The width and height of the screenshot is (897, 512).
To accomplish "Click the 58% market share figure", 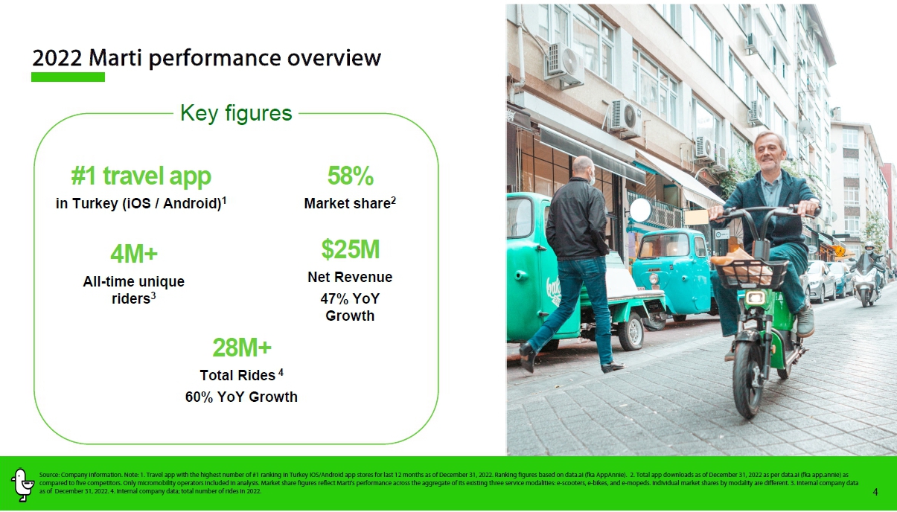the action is pyautogui.click(x=351, y=176).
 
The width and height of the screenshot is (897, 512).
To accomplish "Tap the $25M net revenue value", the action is pyautogui.click(x=351, y=249).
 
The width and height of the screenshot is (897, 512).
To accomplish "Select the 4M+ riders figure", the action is pyautogui.click(x=134, y=254).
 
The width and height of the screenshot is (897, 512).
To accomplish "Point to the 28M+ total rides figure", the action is pyautogui.click(x=242, y=347).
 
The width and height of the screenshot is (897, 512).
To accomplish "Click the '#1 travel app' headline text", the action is pyautogui.click(x=141, y=176).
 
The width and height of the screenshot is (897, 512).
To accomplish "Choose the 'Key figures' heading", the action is pyautogui.click(x=236, y=113).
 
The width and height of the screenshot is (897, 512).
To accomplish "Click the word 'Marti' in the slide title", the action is pyautogui.click(x=115, y=58).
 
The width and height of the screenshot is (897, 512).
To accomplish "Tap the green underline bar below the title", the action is pyautogui.click(x=68, y=77).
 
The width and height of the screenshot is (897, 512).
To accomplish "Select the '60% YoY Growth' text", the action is pyautogui.click(x=241, y=397).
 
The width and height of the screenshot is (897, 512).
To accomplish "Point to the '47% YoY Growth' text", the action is pyautogui.click(x=350, y=307).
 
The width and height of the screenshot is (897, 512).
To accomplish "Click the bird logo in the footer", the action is pyautogui.click(x=22, y=484).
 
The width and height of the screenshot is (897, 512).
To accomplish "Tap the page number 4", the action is pyautogui.click(x=875, y=492).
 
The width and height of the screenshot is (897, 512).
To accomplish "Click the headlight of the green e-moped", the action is pyautogui.click(x=756, y=298).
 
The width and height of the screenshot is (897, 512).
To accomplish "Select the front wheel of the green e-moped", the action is pyautogui.click(x=747, y=378).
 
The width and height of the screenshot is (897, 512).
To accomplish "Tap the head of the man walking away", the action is pyautogui.click(x=582, y=168).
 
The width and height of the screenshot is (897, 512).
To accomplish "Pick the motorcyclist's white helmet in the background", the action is pyautogui.click(x=869, y=246).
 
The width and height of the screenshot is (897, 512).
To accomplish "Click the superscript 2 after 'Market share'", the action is pyautogui.click(x=393, y=200).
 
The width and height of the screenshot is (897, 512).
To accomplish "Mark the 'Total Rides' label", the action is pyautogui.click(x=237, y=375).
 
